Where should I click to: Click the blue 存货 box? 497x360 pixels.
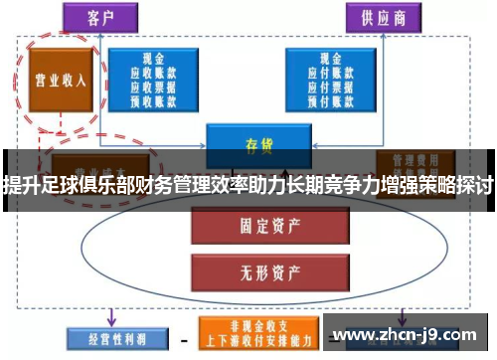pyautogui.click(x=252, y=143)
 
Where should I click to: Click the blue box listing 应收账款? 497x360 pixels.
pyautogui.click(x=153, y=79)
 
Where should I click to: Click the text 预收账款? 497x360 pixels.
pyautogui.click(x=153, y=98)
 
